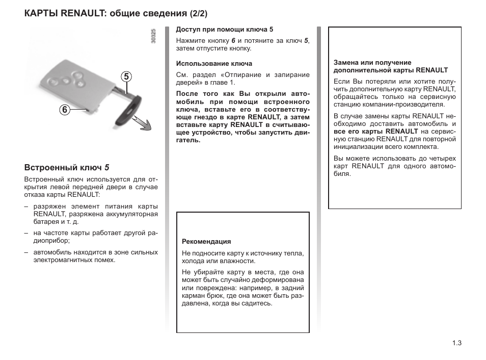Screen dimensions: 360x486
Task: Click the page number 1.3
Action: tap(456, 343)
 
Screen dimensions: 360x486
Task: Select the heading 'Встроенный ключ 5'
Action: tap(67, 167)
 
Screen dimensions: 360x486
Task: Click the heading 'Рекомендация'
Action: tap(206, 242)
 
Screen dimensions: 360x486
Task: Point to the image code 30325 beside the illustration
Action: tap(153, 38)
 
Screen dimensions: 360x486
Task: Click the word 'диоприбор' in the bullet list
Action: tap(48, 241)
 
